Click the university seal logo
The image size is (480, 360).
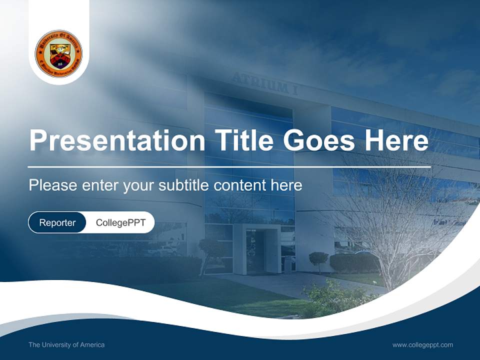59,53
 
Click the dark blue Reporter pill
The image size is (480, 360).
57,222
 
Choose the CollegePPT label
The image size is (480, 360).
120,222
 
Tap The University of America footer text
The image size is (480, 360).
66,344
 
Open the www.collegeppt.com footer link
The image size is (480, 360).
422,344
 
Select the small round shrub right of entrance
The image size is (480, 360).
318,259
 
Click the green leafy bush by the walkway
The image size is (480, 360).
330,297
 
